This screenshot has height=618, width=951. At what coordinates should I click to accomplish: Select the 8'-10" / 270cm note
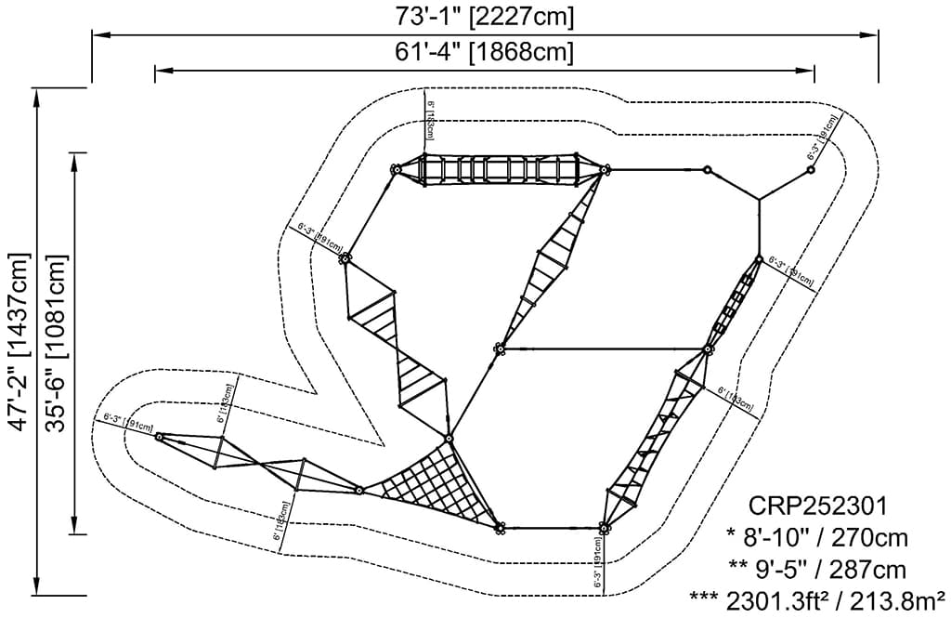coord(817,537)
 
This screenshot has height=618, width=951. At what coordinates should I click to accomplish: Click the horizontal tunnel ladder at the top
coord(500,170)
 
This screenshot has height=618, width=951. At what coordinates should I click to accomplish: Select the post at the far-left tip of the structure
coord(160,436)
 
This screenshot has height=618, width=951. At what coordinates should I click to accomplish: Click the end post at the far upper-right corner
coord(810,170)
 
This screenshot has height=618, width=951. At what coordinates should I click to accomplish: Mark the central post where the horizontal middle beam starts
coord(499,348)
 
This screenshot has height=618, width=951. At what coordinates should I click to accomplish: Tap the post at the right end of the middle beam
coord(708,349)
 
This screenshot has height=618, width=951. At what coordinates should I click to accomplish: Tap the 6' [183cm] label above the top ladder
coord(429,122)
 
